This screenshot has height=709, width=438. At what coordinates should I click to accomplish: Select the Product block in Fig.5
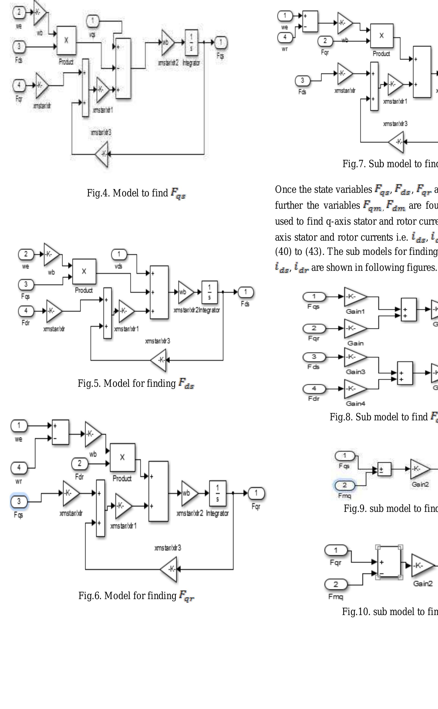coord(84,271)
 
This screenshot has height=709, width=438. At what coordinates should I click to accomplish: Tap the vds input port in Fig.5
coord(119,255)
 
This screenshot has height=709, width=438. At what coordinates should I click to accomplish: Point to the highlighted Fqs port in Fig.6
coord(19,501)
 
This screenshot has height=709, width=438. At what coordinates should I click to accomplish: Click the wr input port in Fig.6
coord(19,468)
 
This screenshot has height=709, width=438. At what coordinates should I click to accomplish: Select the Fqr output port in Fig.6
coord(256,493)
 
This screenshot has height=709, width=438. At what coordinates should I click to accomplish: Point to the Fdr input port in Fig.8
coord(314,389)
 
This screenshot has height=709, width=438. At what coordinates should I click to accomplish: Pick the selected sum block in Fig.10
coord(389,561)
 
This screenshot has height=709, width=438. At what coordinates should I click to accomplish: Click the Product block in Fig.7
coord(381,36)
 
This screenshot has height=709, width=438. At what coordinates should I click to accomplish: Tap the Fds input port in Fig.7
coord(302,81)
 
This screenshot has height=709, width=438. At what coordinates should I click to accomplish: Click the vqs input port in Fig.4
coord(93,21)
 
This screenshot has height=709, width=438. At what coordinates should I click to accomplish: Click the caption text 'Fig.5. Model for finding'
coord(126,383)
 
